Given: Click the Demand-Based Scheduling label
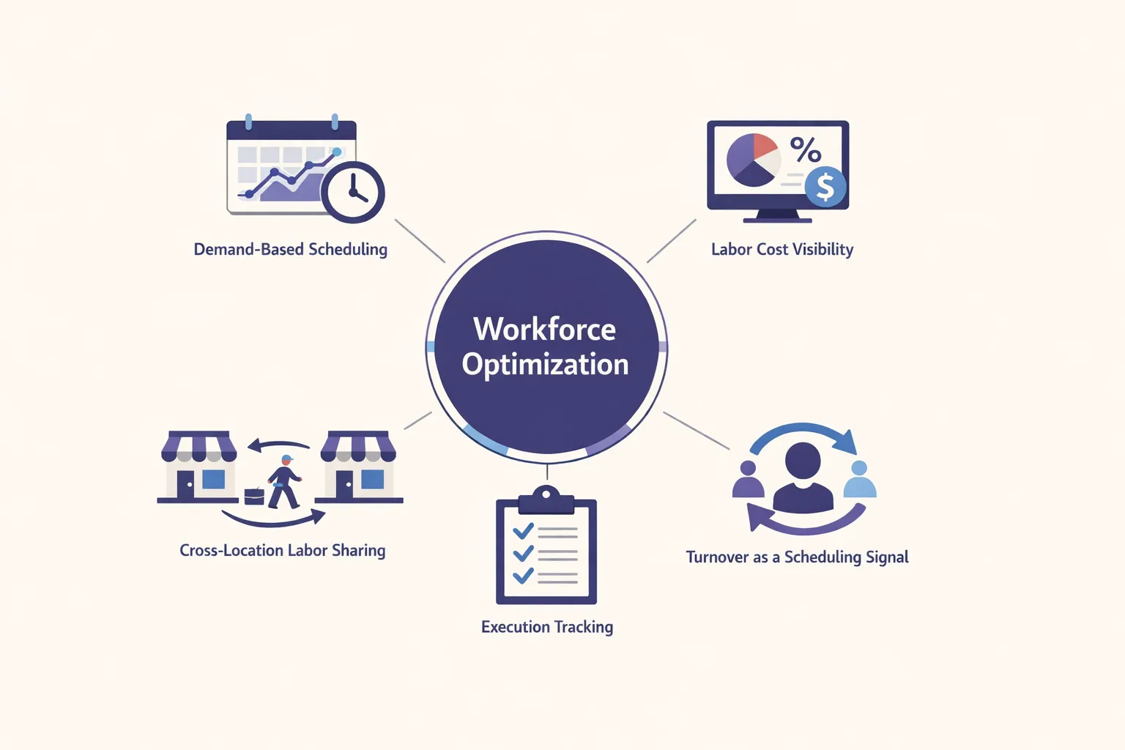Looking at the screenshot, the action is pyautogui.click(x=290, y=250).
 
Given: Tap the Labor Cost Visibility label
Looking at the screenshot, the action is pyautogui.click(x=781, y=250).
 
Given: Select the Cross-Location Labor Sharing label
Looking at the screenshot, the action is pyautogui.click(x=282, y=551).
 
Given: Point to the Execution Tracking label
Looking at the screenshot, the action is pyautogui.click(x=546, y=627).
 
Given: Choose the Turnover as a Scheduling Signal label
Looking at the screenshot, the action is pyautogui.click(x=797, y=557).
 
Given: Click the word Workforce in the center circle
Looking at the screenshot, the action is pyautogui.click(x=544, y=330).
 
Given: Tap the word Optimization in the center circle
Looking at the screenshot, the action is pyautogui.click(x=545, y=365).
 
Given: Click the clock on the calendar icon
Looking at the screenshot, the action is pyautogui.click(x=353, y=193).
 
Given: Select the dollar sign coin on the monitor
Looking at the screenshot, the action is pyautogui.click(x=825, y=187).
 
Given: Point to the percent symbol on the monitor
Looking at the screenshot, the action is pyautogui.click(x=805, y=150).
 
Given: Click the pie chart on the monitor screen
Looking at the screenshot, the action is pyautogui.click(x=753, y=160).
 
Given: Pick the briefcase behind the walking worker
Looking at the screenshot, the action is pyautogui.click(x=254, y=496).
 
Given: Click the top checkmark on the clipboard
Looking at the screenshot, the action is pyautogui.click(x=523, y=530).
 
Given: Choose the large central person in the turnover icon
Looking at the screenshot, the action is pyautogui.click(x=803, y=478).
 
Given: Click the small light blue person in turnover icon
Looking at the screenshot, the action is pyautogui.click(x=859, y=480).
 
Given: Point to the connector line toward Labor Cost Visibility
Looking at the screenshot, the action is pyautogui.click(x=671, y=241).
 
